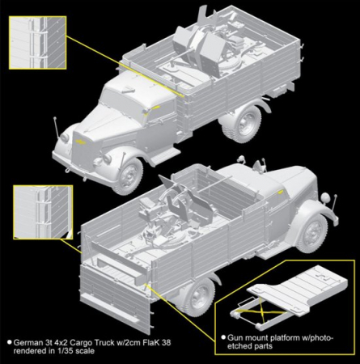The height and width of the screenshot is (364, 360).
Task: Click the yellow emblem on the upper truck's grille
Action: [x=81, y=142]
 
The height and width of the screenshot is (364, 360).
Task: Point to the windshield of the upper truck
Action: [x=118, y=99]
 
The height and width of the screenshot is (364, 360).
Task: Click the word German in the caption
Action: [x=25, y=343]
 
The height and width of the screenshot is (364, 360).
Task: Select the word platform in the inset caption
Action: [x=290, y=338]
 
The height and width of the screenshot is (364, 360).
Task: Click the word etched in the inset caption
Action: [x=238, y=346]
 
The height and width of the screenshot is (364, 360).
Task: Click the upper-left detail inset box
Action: [x=38, y=42]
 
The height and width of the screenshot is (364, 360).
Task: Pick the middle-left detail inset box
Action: [x=43, y=212]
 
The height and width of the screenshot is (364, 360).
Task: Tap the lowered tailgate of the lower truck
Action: [x=115, y=293]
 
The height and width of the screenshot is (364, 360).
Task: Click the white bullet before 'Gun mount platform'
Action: [x=223, y=337]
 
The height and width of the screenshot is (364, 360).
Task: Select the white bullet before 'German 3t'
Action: [x=10, y=342]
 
